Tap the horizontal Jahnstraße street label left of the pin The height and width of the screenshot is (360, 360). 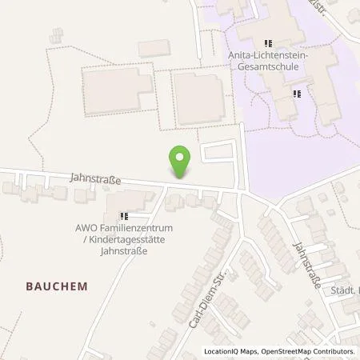[95, 181]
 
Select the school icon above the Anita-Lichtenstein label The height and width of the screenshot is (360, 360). [269, 43]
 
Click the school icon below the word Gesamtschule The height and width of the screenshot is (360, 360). [297, 94]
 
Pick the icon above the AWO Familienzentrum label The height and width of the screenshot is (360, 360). [124, 215]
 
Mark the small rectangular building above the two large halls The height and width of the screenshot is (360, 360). [154, 49]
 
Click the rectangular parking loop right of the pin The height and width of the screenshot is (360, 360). [218, 153]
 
